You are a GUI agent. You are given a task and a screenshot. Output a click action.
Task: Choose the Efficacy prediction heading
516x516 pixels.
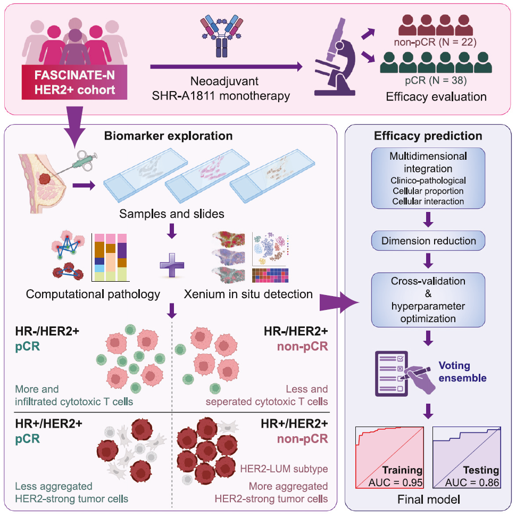[x=428, y=136]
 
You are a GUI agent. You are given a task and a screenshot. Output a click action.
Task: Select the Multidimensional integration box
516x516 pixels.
[x=428, y=178]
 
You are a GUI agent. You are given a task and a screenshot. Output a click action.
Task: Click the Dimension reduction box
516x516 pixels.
[x=428, y=241]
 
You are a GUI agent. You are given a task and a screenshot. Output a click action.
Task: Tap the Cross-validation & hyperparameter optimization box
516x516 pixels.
[x=428, y=300]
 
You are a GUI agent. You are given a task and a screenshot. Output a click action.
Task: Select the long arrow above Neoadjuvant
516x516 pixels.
[x=226, y=67]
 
